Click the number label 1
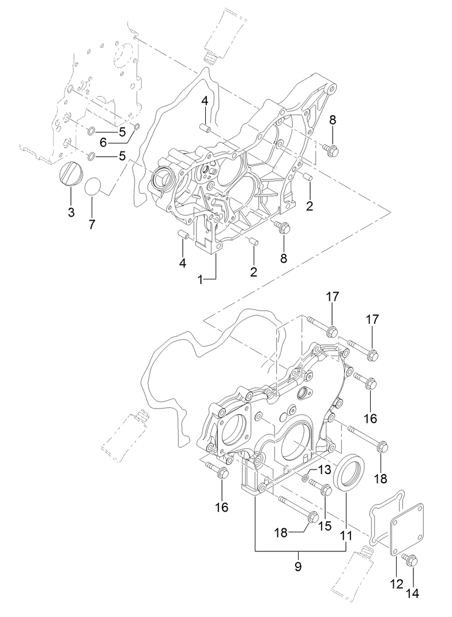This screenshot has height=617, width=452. [200, 279]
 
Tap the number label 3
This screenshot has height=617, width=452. [71, 213]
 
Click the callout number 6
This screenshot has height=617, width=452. [104, 142]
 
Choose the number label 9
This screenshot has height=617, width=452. [298, 566]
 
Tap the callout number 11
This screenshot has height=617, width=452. [345, 536]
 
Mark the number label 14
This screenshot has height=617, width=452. [414, 592]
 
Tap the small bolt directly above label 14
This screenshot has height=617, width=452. [412, 559]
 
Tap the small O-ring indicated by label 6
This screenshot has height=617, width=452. [137, 127]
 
